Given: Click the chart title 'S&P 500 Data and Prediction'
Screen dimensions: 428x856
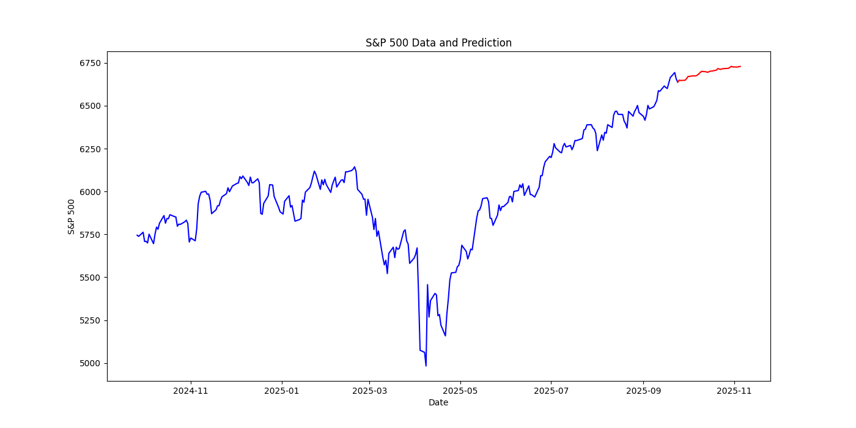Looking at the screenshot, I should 438,43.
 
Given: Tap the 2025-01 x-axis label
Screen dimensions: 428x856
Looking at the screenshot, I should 281,390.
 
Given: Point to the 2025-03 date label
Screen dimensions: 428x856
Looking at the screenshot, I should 369,390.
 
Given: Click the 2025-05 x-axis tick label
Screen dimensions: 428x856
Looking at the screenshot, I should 460,390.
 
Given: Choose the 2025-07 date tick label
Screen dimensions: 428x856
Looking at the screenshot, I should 551,390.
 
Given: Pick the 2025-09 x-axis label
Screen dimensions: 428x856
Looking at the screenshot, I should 644,390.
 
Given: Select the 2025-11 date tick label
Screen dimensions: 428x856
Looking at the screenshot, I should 734,390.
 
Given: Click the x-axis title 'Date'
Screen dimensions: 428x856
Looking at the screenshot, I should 438,402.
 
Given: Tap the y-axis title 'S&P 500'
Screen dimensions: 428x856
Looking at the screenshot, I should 72,216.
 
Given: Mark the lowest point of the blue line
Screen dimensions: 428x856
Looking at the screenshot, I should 426,366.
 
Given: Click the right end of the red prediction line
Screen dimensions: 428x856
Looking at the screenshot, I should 740,67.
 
